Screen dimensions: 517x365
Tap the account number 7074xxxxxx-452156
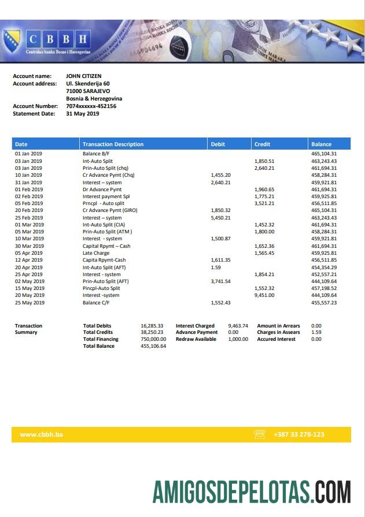pos(91,106)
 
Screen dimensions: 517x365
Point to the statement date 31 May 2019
pos(82,114)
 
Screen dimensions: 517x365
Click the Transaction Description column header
pos(113,144)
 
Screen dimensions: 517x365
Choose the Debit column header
pos(218,144)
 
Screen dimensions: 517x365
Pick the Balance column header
pos(321,144)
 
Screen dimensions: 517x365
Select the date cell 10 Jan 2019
pos(28,175)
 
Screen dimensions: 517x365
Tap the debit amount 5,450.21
pos(220,218)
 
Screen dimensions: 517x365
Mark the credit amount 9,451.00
pos(264,295)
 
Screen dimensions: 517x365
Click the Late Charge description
pos(96,253)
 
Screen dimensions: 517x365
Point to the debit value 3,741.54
pos(220,281)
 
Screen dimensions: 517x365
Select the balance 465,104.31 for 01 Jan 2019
pos(324,154)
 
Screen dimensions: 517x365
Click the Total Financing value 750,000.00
pos(153,339)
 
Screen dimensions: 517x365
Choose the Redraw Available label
pos(196,339)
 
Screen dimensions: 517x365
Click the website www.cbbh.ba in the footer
pos(41,434)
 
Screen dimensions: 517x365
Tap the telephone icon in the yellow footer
pos(260,434)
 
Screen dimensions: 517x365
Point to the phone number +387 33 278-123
pos(299,434)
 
